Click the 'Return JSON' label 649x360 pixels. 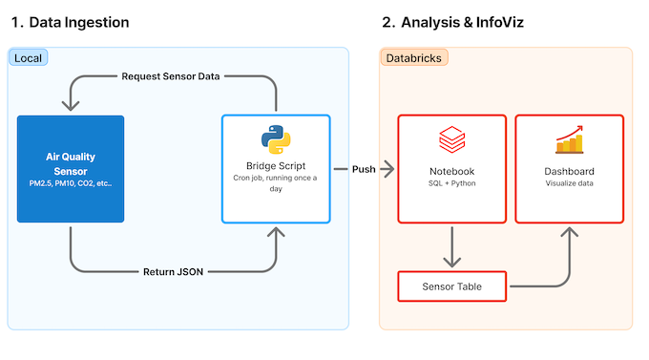tap(172, 272)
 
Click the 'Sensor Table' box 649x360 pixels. tap(452, 286)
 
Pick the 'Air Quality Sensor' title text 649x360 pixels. tap(71, 163)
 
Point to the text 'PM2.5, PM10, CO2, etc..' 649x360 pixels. tap(71, 183)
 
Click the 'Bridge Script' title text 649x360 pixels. tap(276, 167)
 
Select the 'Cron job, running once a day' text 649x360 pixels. tap(276, 183)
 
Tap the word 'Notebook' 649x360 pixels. tap(452, 171)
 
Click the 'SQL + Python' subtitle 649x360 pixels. tap(452, 183)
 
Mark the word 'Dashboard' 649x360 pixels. tap(570, 171)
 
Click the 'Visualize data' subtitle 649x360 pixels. tap(570, 183)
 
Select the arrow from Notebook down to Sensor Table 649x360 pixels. tap(452, 246)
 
